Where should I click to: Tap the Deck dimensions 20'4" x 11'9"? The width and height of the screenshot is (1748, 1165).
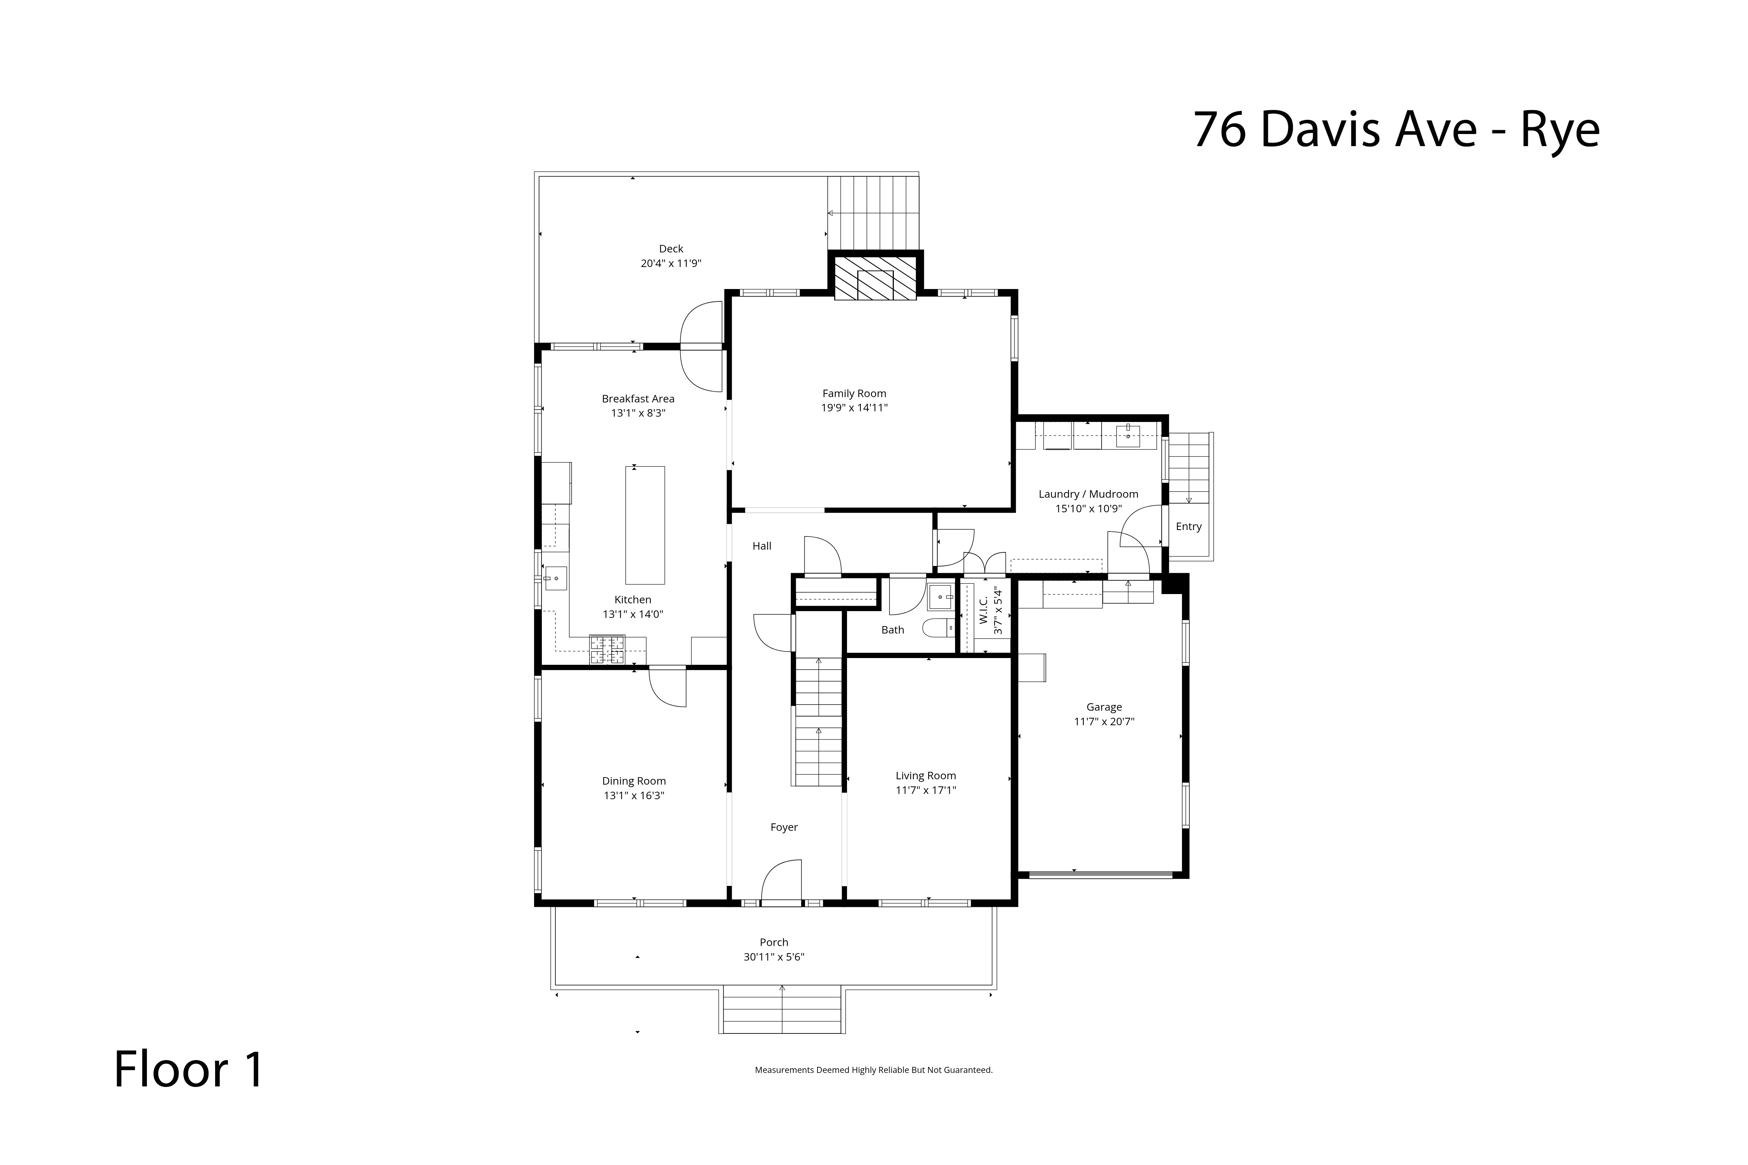[x=671, y=263]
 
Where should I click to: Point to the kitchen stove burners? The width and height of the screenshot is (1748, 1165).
[x=607, y=650]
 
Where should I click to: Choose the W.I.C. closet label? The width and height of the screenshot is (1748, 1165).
[x=983, y=611]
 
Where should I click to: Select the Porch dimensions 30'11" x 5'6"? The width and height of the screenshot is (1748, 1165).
[x=774, y=957]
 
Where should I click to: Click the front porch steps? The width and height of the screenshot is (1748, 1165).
[x=782, y=1009]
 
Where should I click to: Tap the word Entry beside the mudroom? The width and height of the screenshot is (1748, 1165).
[x=1188, y=526]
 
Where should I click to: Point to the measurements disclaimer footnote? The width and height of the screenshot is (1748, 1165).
[x=873, y=1070]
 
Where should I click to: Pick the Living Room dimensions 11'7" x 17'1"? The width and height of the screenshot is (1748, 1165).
[x=925, y=790]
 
